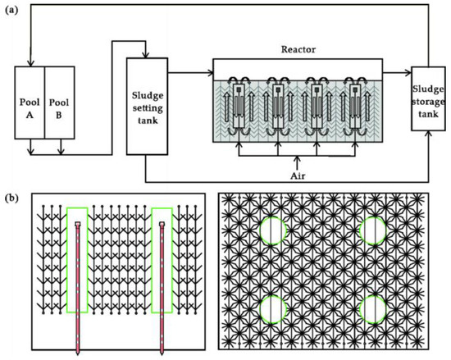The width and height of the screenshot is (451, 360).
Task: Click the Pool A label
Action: (30, 108)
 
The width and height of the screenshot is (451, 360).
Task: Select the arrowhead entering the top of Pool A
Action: (30, 64)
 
